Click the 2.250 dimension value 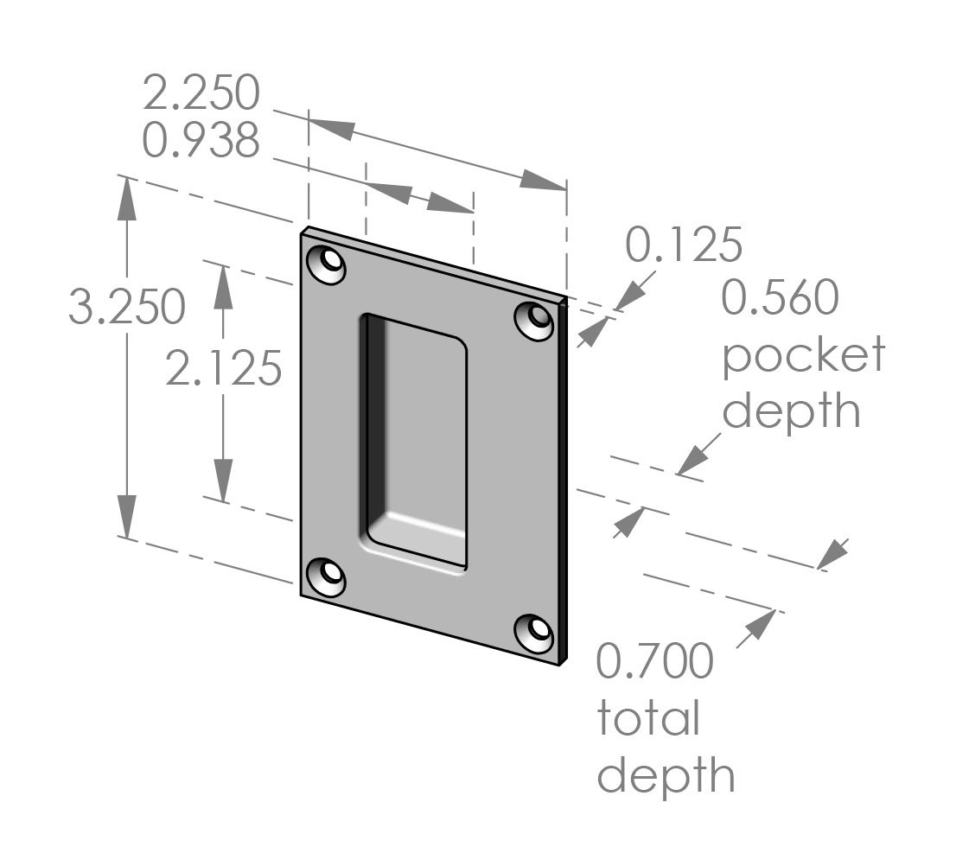point(201,93)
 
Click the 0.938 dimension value point(201,141)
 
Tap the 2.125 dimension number point(224,369)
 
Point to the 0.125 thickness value point(683,245)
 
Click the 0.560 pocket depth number point(780,298)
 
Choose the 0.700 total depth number point(655,661)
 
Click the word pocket point(804,355)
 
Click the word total point(647,718)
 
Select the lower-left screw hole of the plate point(328,576)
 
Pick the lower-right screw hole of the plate point(536,633)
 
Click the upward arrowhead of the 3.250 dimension point(128,201)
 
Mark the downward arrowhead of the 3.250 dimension point(128,517)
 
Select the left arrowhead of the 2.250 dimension point(332,126)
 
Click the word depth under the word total point(666,775)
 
